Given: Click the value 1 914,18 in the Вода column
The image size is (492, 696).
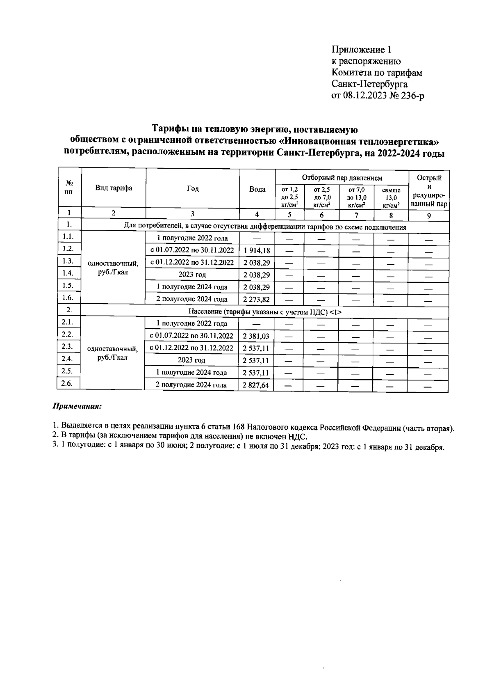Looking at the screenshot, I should [x=257, y=250].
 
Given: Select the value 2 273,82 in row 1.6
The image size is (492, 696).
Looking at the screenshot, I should [x=257, y=300].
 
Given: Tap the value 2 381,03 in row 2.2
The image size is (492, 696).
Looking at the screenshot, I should [x=256, y=336].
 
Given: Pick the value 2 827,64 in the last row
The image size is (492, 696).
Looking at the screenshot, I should [x=256, y=385].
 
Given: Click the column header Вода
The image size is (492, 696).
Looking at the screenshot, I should [x=257, y=189].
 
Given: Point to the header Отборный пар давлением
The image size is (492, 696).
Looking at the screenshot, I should [x=342, y=178].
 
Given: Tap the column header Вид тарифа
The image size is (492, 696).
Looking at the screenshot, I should [x=114, y=188].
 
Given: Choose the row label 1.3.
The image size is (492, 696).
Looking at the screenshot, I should [x=68, y=261].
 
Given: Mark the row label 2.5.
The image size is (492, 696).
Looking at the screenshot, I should [x=67, y=371].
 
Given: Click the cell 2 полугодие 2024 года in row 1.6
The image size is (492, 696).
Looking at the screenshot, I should [x=192, y=299].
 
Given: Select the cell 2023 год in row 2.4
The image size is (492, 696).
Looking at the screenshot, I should [x=191, y=360].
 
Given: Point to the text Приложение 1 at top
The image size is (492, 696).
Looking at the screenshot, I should [x=361, y=50].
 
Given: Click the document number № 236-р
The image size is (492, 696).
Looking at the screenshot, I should [x=407, y=96].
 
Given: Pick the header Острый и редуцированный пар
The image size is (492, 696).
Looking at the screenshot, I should [x=429, y=191].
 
